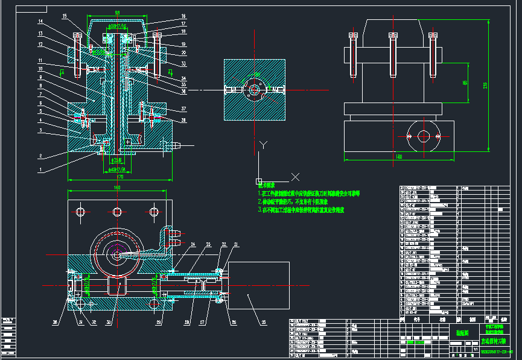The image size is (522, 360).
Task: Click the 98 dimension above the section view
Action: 117,13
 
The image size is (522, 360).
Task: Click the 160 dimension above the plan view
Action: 116,187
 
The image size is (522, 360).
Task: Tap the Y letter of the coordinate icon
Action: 263,145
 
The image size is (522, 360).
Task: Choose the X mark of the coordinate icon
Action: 295,176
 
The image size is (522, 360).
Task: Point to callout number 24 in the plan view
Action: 193,244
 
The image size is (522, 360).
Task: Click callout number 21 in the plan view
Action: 236,244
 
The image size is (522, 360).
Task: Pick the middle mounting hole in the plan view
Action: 117,212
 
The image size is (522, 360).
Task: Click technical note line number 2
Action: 290,202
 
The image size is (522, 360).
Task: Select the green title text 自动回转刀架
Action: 496,340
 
